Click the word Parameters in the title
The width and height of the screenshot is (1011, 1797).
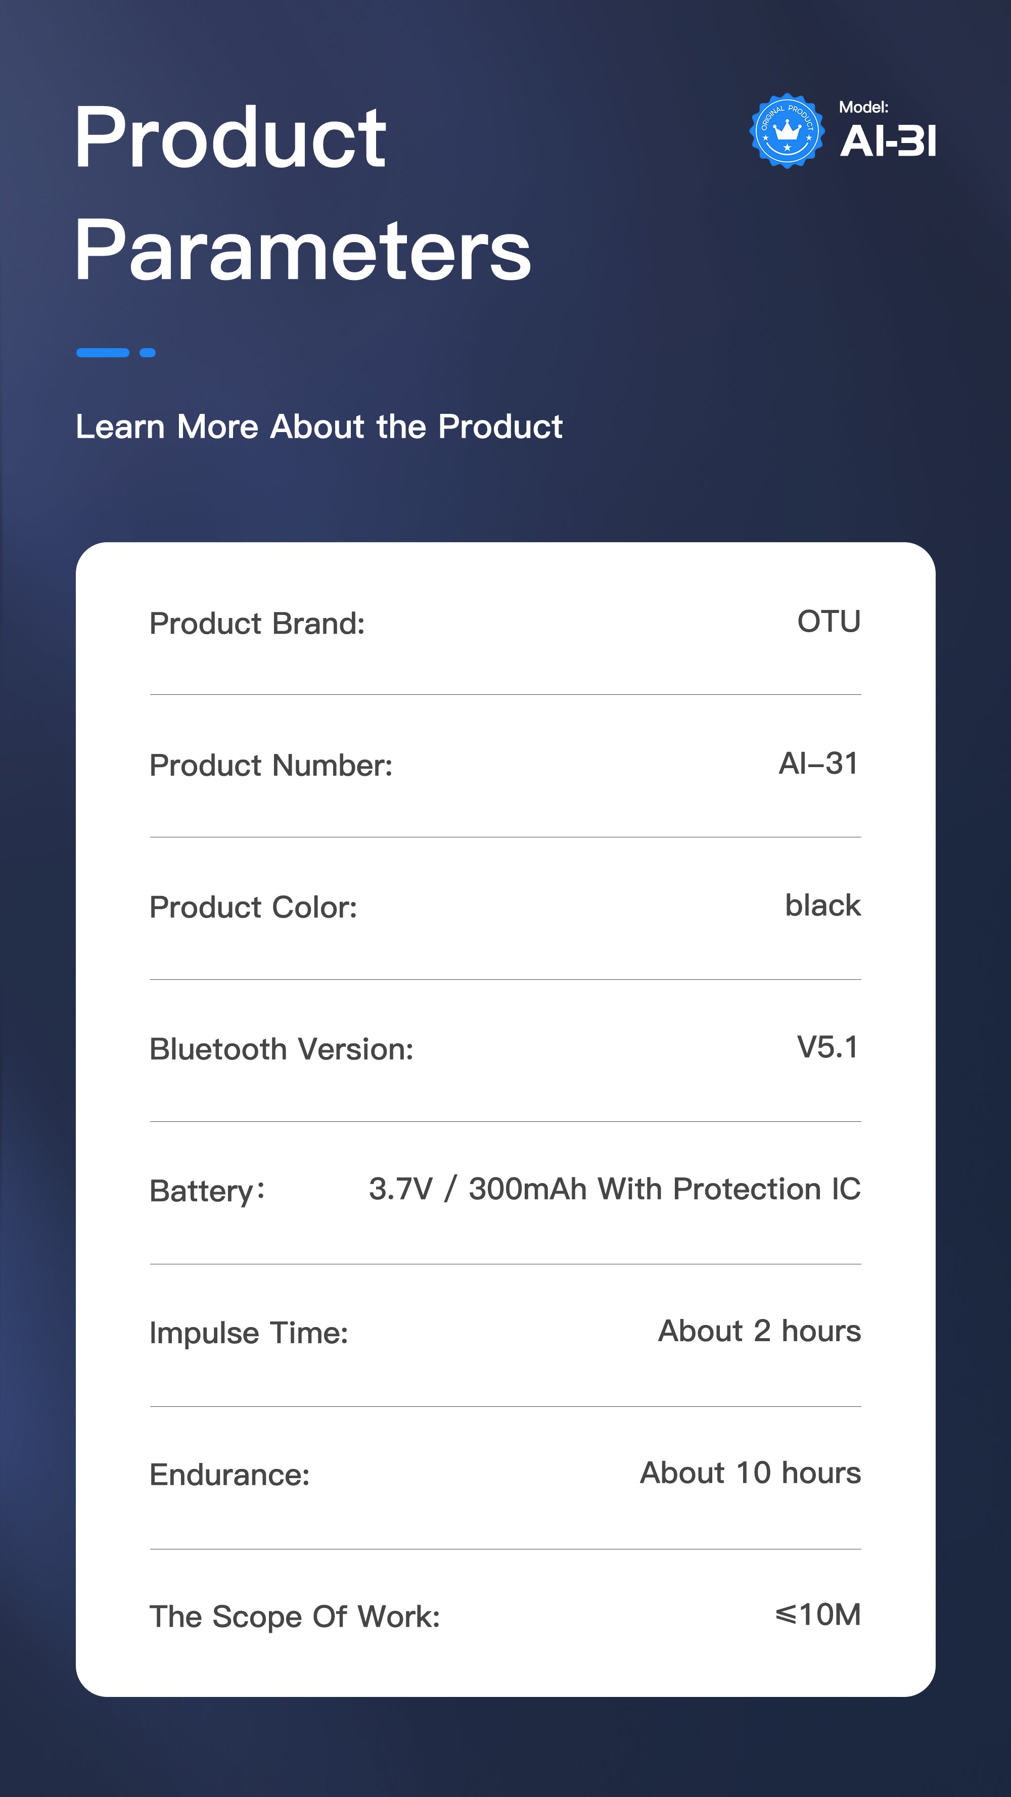coord(303,250)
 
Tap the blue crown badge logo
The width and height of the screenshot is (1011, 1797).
coord(787,131)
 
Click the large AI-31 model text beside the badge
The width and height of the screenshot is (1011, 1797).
coord(888,141)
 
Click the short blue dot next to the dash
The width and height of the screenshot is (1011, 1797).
coord(147,352)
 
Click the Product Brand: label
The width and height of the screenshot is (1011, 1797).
coord(257,623)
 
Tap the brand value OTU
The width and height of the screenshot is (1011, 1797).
coord(829,621)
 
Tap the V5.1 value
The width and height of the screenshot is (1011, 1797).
coord(828,1047)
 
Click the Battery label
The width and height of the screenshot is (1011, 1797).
coord(207,1191)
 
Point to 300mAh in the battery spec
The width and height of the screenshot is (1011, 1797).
coord(527,1189)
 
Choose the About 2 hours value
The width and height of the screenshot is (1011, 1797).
coord(760,1331)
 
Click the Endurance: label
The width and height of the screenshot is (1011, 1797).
coord(229,1475)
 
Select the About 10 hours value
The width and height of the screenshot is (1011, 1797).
coord(751,1473)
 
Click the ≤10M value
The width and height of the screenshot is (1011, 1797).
coord(818,1614)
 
